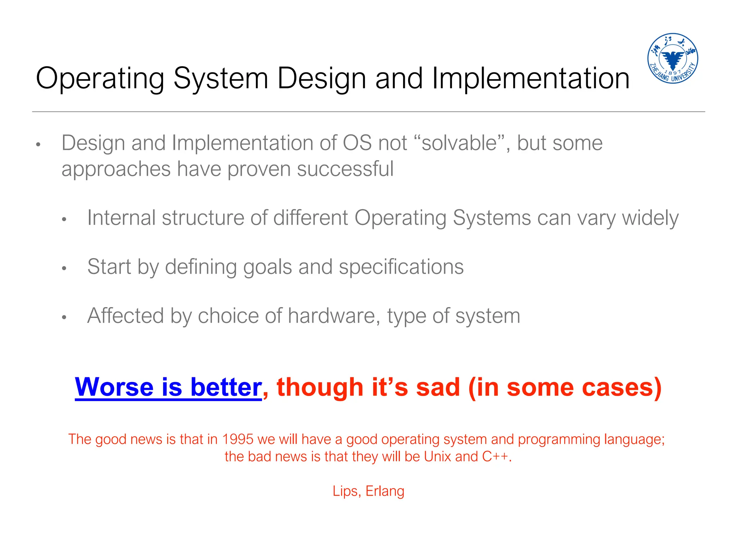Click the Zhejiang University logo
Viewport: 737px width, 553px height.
672,58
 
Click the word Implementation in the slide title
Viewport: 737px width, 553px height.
530,78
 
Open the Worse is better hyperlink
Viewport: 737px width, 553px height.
168,387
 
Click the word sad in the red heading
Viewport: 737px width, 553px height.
438,387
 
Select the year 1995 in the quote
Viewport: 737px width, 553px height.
238,439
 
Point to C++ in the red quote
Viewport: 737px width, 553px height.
495,457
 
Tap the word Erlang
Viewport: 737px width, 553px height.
385,491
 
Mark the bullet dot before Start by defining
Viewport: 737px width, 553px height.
64,268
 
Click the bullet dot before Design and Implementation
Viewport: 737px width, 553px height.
38,145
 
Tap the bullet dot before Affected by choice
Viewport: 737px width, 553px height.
64,317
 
